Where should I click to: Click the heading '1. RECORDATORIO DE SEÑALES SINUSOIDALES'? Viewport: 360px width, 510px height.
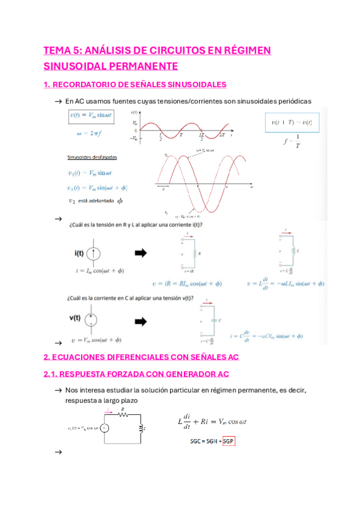135,85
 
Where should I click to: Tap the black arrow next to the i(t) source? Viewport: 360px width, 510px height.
140,253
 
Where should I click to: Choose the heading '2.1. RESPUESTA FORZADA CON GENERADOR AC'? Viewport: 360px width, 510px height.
136,374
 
